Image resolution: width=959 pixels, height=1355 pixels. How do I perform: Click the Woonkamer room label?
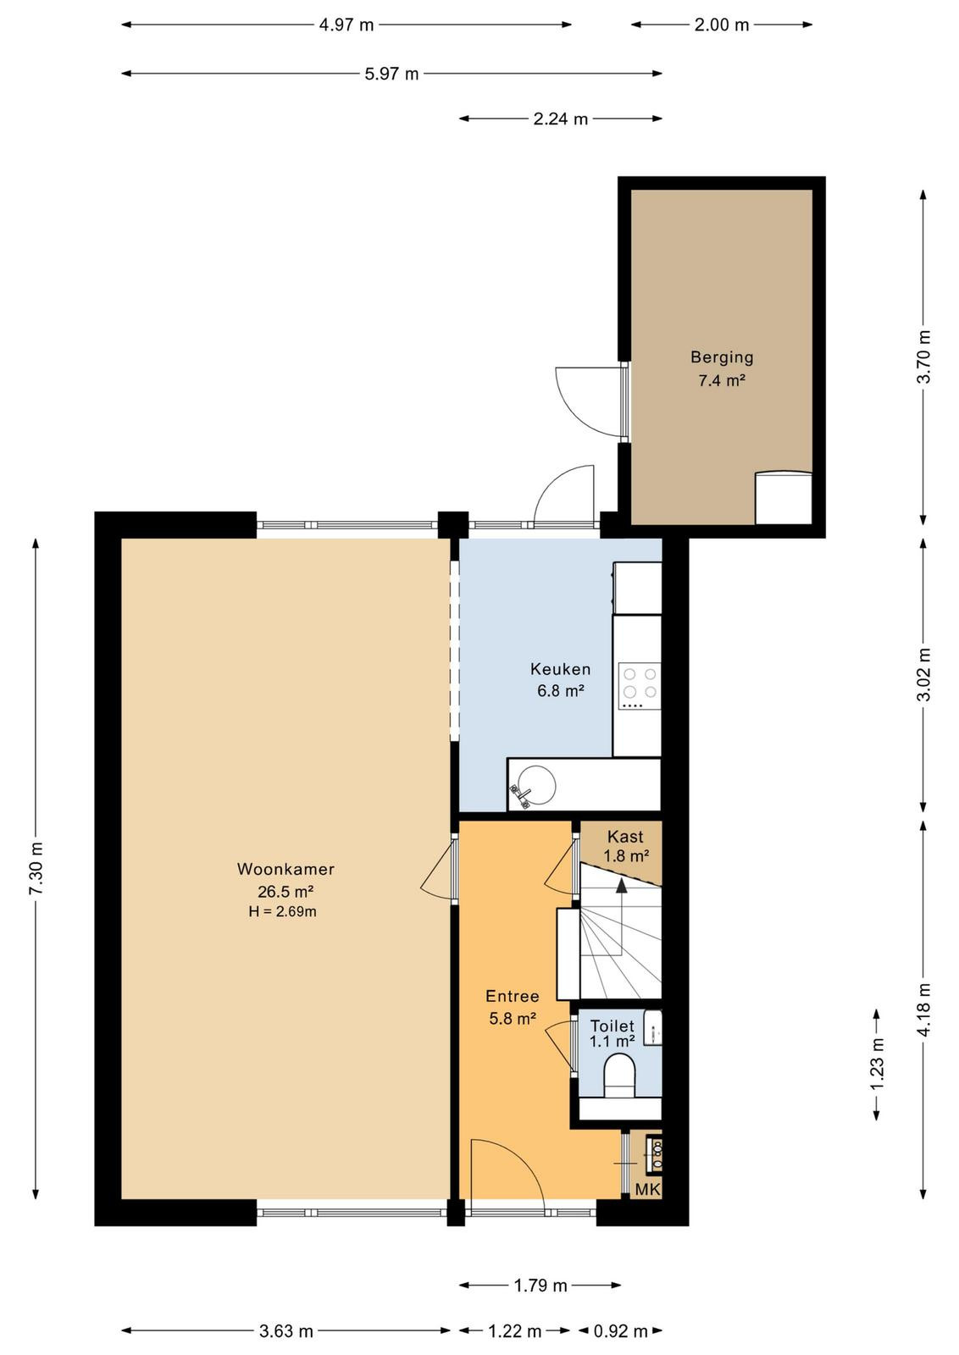coord(285,869)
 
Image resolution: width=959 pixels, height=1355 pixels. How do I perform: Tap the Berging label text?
coord(722,357)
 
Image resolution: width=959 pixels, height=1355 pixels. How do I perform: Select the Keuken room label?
coord(560,669)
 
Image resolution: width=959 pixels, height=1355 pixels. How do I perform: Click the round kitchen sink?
coord(534,785)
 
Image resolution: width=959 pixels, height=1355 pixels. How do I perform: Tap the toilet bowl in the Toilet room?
coord(619,1075)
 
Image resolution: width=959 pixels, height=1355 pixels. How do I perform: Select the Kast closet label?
coord(625,837)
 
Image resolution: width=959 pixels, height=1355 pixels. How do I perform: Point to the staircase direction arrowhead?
coord(621,886)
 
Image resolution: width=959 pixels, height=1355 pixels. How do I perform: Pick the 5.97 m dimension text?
coord(391,74)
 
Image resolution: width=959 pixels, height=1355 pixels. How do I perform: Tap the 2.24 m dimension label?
coord(560,119)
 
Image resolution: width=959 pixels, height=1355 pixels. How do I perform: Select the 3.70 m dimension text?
coord(923,357)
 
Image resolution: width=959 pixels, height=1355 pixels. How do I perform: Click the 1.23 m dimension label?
coord(877,1063)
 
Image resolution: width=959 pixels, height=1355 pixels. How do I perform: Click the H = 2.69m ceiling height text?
coord(283,911)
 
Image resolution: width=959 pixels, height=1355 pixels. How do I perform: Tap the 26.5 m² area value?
coord(285,891)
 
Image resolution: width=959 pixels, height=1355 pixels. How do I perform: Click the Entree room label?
coord(513,996)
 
